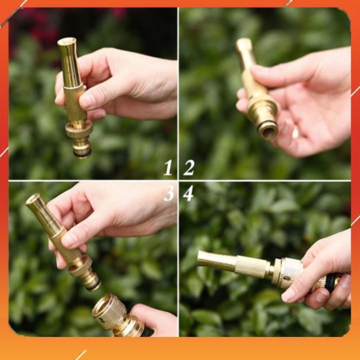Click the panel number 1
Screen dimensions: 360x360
(x=168, y=167)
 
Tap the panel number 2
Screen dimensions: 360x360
(x=189, y=167)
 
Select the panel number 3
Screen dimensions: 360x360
(x=168, y=194)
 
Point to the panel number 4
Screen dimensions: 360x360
(x=188, y=194)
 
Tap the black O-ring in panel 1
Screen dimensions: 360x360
(x=82, y=153)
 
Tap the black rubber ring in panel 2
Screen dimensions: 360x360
(x=267, y=124)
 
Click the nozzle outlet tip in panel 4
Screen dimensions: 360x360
(x=201, y=258)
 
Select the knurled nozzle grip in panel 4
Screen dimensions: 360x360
(x=252, y=267)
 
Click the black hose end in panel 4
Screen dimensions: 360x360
(x=332, y=282)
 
